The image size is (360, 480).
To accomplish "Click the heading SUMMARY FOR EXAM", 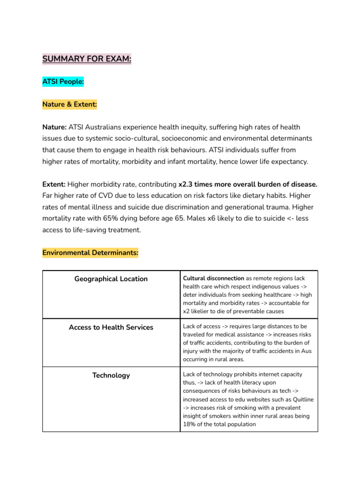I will pos(87,59).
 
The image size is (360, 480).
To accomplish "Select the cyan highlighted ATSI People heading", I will pos(63,82).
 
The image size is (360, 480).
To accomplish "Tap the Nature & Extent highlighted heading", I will pos(69,104).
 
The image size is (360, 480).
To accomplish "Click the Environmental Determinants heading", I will pos(90,253).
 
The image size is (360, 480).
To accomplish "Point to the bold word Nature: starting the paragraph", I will pos(54,127).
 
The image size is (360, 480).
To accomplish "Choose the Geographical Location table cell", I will pos(111,279).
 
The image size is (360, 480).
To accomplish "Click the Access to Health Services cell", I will pos(111,327).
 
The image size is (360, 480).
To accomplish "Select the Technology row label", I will pos(111,375).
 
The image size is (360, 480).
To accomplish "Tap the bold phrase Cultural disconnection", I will pos(213,278).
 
